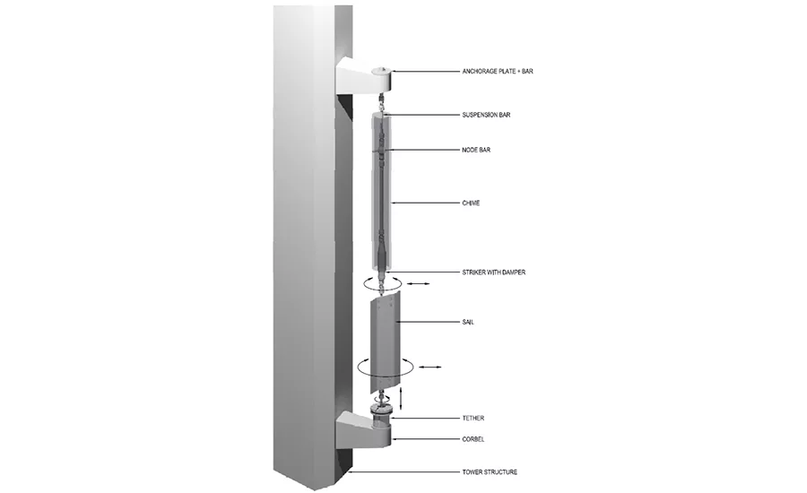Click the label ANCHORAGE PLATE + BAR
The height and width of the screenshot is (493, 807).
click(x=497, y=72)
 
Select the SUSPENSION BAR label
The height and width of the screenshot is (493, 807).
click(x=486, y=115)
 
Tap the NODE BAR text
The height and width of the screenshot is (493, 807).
click(x=476, y=150)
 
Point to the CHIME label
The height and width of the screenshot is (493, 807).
click(x=471, y=203)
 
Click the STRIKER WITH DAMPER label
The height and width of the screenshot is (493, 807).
click(x=493, y=272)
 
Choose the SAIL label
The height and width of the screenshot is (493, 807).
click(x=468, y=322)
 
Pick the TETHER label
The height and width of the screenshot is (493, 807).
click(x=473, y=419)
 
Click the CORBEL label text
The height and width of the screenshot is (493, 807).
click(x=473, y=439)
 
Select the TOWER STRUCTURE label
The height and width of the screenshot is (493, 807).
click(x=490, y=471)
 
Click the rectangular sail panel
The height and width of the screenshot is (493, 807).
click(x=383, y=342)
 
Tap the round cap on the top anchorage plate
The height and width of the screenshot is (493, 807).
click(x=381, y=71)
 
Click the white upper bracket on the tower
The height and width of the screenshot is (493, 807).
click(x=363, y=76)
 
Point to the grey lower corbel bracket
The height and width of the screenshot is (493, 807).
click(x=363, y=431)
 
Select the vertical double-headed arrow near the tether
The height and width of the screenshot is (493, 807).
click(x=401, y=397)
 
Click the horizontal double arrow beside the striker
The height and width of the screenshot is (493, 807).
click(x=418, y=283)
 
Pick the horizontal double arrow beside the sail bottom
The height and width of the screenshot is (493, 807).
click(x=430, y=367)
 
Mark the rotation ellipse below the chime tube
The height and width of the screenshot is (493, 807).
click(x=364, y=282)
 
